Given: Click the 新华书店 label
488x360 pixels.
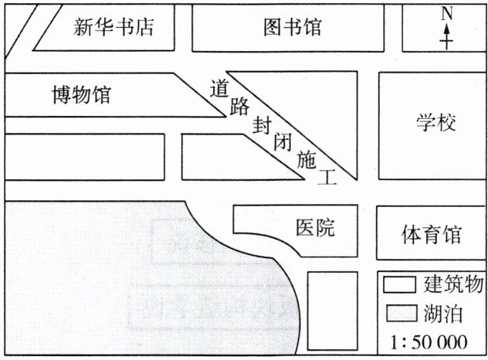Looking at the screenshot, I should click(x=114, y=29).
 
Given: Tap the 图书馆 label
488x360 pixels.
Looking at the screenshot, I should click(x=292, y=29).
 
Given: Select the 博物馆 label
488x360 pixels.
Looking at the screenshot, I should click(x=81, y=95).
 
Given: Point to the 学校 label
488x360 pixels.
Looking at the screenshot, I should click(x=437, y=123).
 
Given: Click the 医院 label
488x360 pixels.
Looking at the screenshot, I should click(x=317, y=228).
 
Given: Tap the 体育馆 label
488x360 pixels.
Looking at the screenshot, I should click(x=432, y=234).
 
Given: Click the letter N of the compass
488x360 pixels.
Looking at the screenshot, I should click(x=446, y=14).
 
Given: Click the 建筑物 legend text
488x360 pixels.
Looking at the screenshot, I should click(x=451, y=284).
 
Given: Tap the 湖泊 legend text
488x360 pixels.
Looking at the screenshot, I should click(x=442, y=313).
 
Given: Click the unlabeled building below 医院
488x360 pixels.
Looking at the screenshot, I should click(x=333, y=309).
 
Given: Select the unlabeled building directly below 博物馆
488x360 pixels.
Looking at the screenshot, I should click(x=84, y=157).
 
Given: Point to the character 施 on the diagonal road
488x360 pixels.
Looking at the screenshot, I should click(x=307, y=161).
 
